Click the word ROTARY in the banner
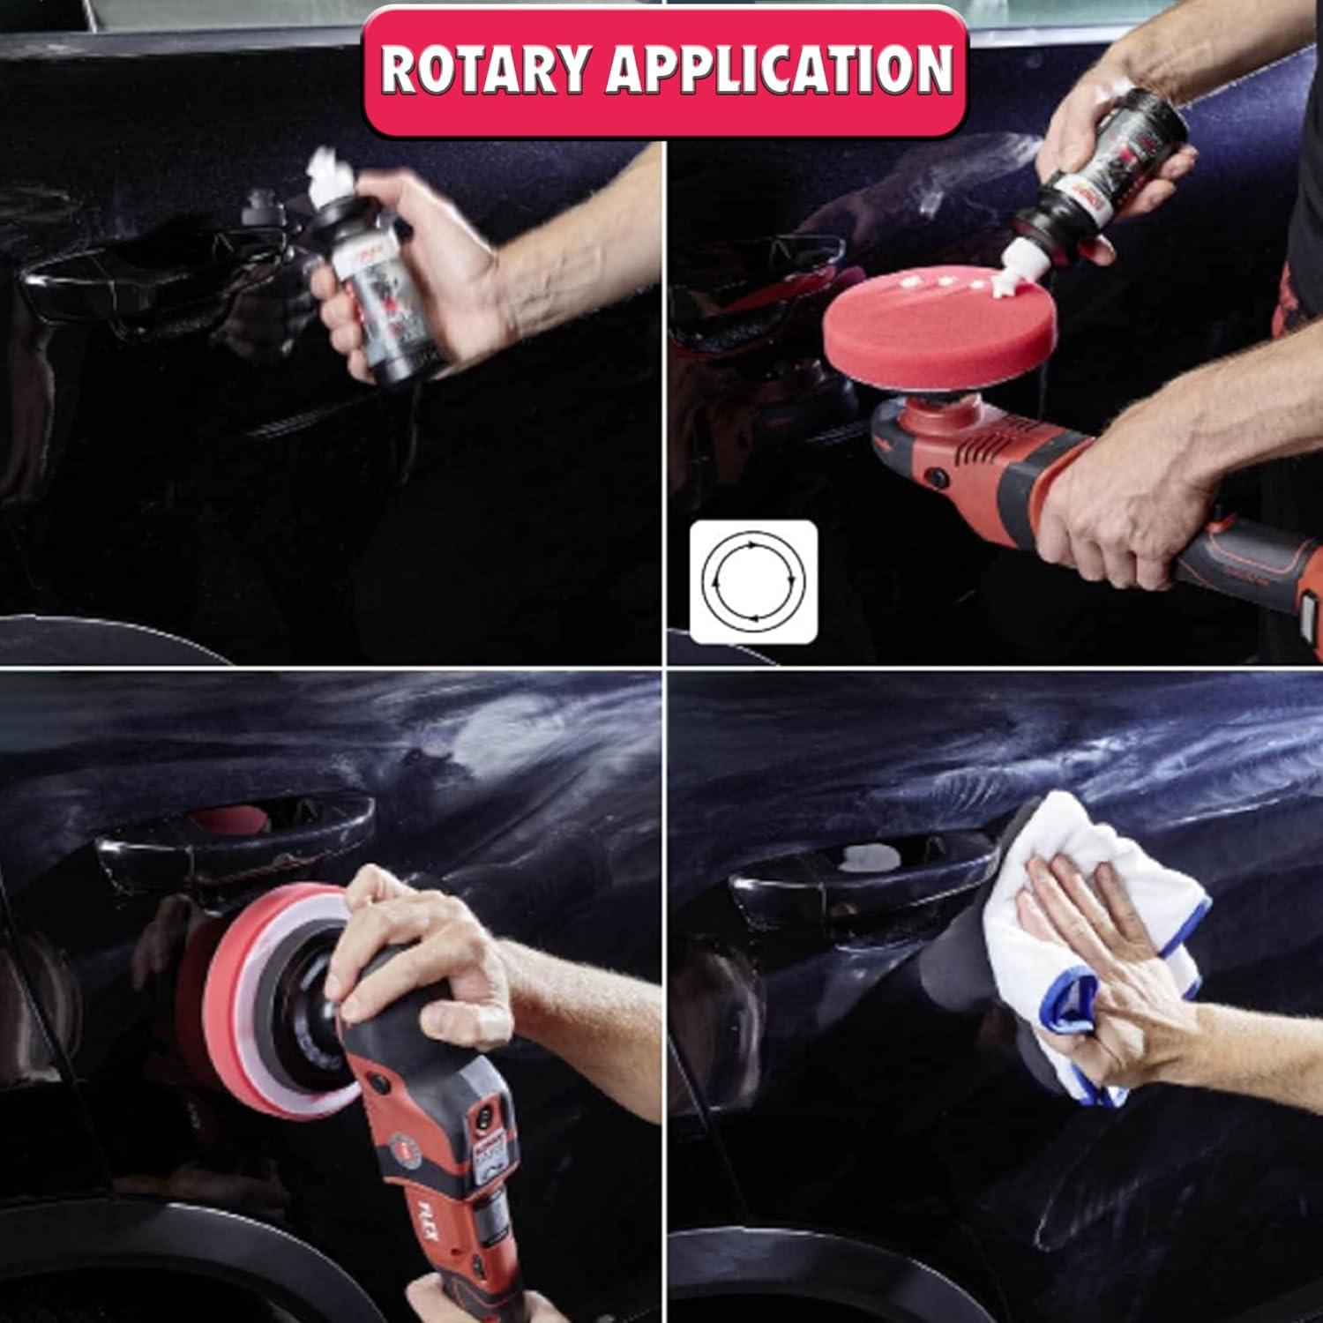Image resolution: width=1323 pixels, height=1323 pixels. click(484, 69)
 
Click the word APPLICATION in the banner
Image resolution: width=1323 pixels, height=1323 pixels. click(778, 69)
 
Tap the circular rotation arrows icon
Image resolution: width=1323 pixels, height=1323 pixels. click(753, 582)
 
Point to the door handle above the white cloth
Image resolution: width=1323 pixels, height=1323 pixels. click(864, 869)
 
